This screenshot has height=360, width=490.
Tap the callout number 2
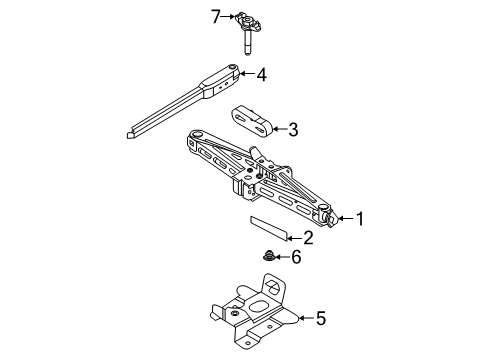click(x=308, y=237)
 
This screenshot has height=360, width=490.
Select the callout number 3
click(x=292, y=128)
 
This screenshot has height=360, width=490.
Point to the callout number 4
click(x=261, y=73)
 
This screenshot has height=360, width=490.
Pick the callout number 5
click(x=320, y=319)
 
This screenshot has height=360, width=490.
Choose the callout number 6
click(x=294, y=257)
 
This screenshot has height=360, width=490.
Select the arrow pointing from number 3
click(x=278, y=128)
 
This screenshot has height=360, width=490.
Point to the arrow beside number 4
click(x=247, y=73)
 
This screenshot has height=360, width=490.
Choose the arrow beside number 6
click(x=281, y=257)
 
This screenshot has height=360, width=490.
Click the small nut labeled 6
click(x=268, y=257)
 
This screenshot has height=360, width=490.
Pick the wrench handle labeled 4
click(x=185, y=99)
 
